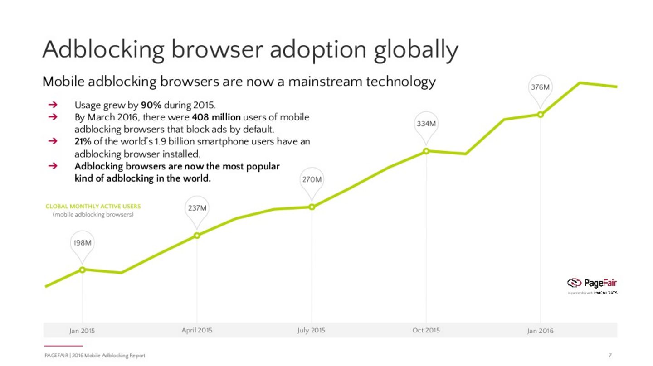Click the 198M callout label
tap(82, 243)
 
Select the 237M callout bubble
tap(197, 208)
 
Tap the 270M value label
tap(312, 180)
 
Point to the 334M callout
tap(426, 124)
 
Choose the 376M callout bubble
tap(540, 87)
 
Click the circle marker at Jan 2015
tap(82, 270)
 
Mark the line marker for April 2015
tap(197, 235)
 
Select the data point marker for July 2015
tap(312, 207)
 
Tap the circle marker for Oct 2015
tap(426, 151)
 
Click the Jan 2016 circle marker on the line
tap(540, 115)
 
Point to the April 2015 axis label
tap(197, 330)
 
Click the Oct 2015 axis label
tap(426, 330)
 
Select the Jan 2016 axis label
tap(540, 331)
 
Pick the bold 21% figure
tap(83, 141)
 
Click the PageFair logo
tap(592, 284)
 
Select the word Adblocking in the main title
tap(103, 50)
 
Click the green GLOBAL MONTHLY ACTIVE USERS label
tap(93, 207)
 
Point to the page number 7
tap(610, 356)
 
